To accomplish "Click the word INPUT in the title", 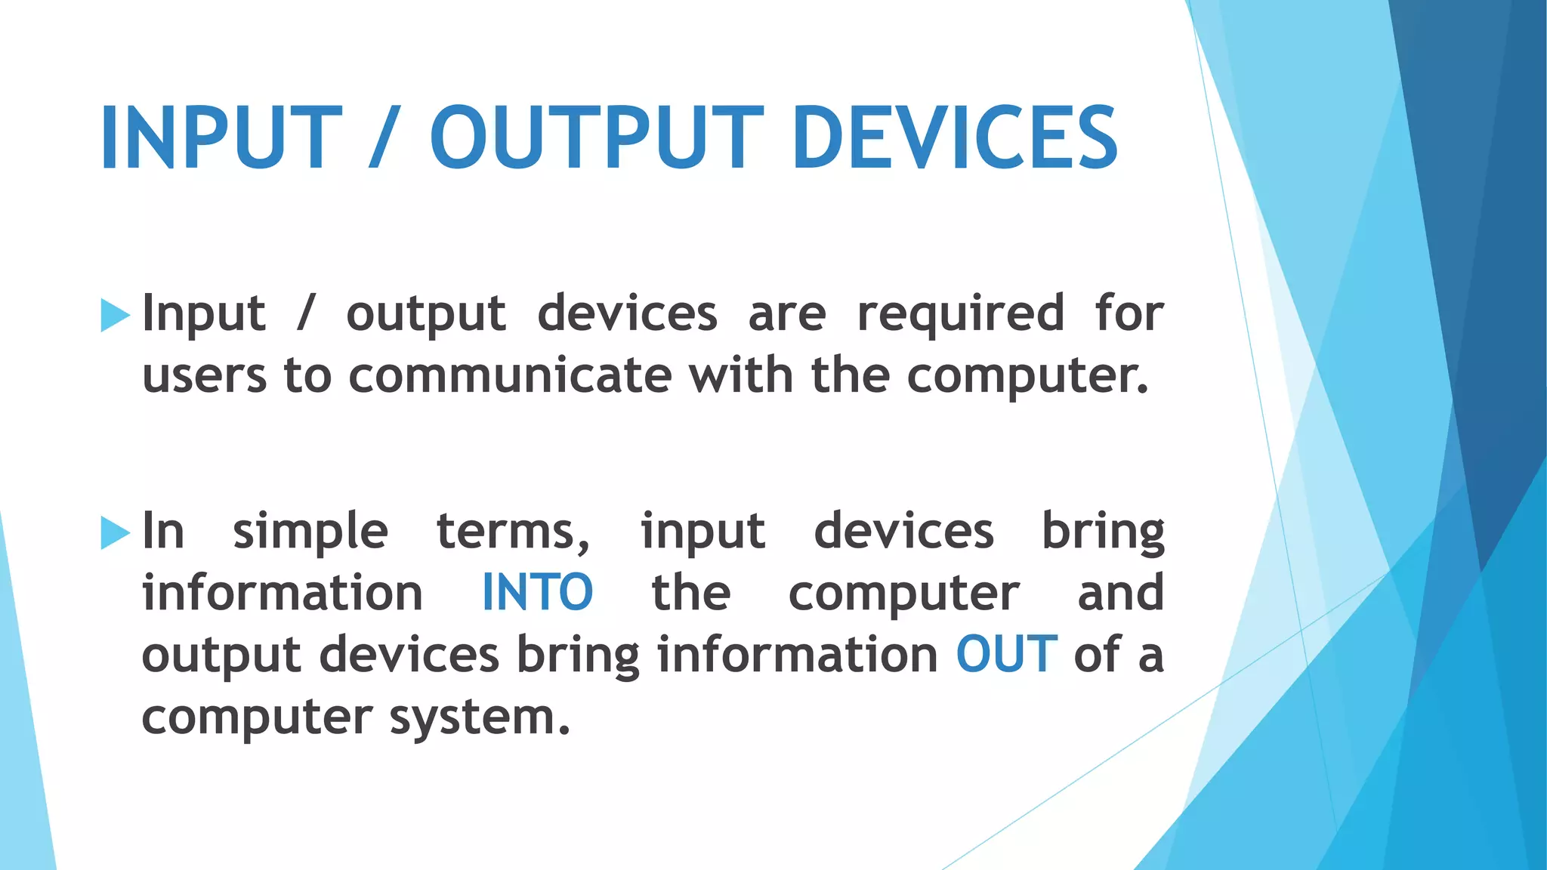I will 221,138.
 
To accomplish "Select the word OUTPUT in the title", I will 597,138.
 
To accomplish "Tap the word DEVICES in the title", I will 955,138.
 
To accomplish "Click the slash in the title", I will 386,138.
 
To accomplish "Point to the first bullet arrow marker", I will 115,315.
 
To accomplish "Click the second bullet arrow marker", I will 115,533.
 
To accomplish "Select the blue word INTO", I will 537,593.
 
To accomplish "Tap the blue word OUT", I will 1006,655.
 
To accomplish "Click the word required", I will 961,314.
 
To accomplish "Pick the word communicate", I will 510,375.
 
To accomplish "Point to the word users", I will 204,375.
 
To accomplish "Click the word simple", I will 310,532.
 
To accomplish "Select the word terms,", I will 514,532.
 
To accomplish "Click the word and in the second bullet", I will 1120,593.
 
